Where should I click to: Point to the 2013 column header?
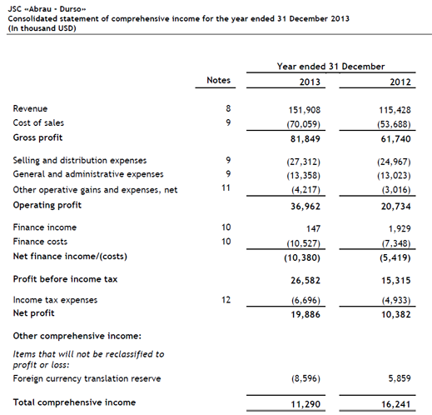pos(310,82)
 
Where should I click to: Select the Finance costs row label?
pos(42,242)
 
